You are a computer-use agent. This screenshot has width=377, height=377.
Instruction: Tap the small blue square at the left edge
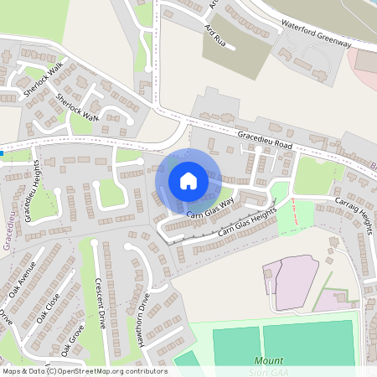pos(3,153)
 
